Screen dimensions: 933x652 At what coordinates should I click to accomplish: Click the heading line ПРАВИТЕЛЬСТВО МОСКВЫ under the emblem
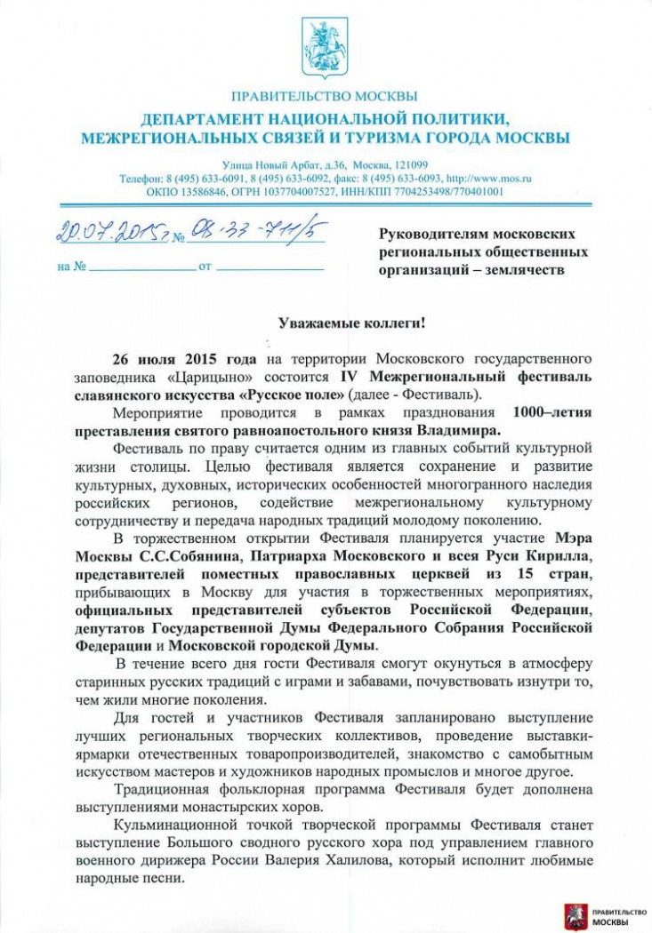[324, 97]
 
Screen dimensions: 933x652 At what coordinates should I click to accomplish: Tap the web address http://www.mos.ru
[487, 178]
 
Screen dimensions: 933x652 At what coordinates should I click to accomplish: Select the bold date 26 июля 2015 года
[183, 358]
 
